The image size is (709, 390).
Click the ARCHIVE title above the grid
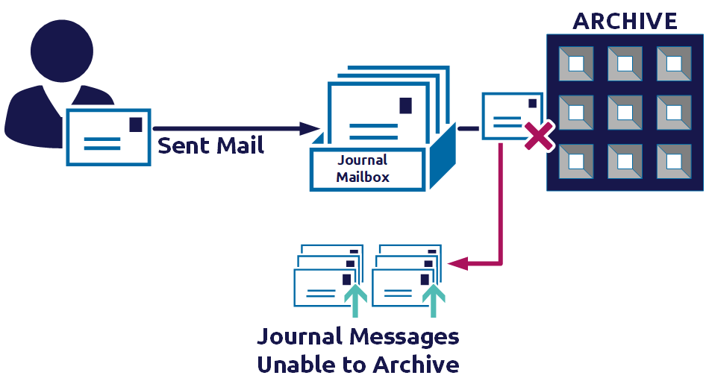tap(625, 20)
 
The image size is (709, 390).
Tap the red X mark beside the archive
tap(540, 136)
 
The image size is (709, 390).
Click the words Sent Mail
tap(210, 145)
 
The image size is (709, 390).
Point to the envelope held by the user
tap(107, 137)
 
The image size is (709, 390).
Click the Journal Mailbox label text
tap(363, 169)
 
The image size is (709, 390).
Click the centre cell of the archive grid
tap(625, 113)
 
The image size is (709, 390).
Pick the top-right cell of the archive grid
tap(673, 63)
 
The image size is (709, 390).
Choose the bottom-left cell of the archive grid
tap(577, 161)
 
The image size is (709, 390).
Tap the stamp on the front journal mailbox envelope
tap(405, 105)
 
